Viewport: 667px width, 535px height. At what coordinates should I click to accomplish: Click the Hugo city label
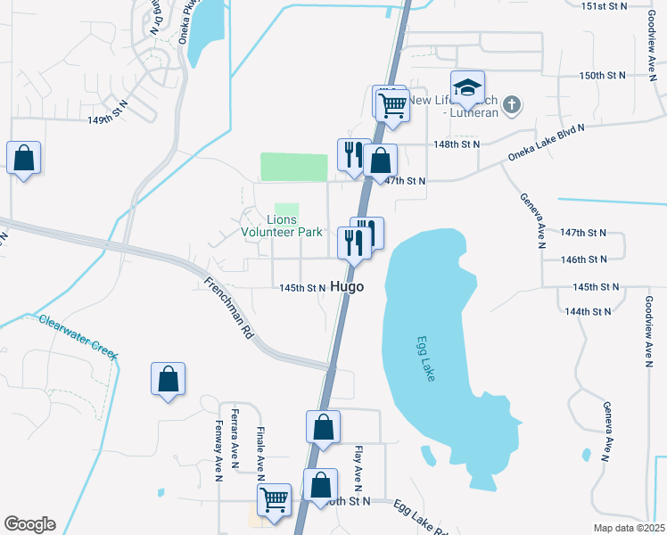click(347, 287)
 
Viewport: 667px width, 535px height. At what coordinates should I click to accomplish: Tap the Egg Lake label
click(426, 359)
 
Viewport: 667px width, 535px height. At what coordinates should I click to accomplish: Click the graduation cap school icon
click(467, 88)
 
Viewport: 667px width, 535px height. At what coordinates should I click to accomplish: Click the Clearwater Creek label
click(78, 337)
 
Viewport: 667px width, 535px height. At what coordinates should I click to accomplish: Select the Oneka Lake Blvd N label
click(546, 143)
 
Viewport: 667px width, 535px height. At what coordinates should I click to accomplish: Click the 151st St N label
click(605, 6)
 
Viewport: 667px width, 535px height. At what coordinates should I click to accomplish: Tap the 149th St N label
click(108, 119)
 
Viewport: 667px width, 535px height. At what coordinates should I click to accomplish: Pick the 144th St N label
click(589, 311)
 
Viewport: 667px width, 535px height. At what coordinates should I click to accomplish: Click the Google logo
click(29, 524)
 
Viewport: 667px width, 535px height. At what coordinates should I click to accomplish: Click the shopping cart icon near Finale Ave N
click(275, 499)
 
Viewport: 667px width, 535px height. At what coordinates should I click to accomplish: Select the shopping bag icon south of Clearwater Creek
click(168, 379)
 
